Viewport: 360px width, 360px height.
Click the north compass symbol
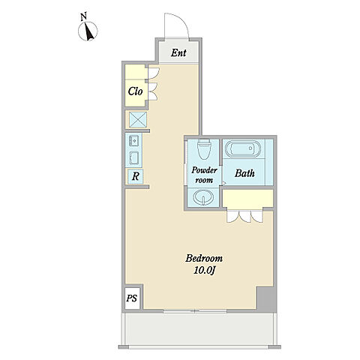tap(88, 31)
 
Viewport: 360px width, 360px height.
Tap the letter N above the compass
tap(84, 17)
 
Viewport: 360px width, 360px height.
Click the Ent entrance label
tap(178, 52)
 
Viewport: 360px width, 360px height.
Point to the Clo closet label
tap(135, 91)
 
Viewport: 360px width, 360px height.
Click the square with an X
tap(138, 120)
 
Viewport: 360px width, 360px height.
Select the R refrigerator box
tap(135, 176)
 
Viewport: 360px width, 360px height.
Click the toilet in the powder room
tap(204, 149)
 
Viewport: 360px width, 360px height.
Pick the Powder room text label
tap(204, 175)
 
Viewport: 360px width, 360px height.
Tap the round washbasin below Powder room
tap(203, 197)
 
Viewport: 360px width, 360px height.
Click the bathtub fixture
tap(243, 149)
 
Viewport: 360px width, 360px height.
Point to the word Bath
tap(244, 173)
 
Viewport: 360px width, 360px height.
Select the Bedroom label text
tap(204, 258)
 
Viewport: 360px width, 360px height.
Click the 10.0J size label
tap(204, 271)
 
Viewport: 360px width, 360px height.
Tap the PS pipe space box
tap(132, 298)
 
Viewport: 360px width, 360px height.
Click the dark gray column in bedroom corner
tap(265, 298)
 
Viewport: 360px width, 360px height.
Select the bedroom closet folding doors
tap(245, 217)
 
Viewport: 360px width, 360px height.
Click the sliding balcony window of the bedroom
tap(195, 311)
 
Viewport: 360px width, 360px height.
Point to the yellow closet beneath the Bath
tap(247, 198)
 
